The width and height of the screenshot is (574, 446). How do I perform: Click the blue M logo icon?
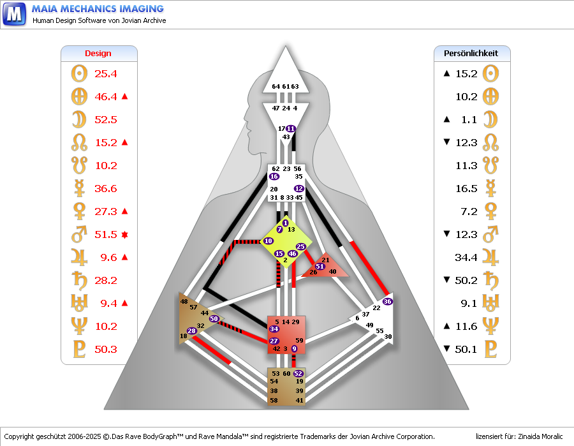[x=14, y=13]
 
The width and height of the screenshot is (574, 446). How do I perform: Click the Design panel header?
[x=98, y=54]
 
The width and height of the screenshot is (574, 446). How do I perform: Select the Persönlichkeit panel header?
[x=471, y=54]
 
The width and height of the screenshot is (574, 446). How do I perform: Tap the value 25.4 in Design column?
[x=105, y=74]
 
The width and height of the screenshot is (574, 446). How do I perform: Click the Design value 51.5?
[x=105, y=235]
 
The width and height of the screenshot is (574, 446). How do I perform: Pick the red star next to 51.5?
[x=125, y=235]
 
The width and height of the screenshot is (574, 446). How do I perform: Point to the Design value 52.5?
[x=105, y=120]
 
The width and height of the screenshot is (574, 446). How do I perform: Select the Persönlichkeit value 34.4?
[x=466, y=258]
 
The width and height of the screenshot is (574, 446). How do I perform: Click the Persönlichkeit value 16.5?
[x=466, y=189]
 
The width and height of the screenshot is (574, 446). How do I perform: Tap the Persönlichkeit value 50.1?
[x=466, y=350]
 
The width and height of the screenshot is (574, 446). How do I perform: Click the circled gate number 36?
[x=387, y=301]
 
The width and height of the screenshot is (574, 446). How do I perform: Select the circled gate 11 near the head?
[x=291, y=129]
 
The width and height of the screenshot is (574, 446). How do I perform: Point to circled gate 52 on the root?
[x=298, y=373]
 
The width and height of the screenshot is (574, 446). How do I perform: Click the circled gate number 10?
[x=268, y=241]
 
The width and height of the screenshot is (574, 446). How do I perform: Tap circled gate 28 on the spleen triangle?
[x=192, y=331]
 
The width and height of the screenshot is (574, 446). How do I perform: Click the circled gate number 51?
[x=320, y=266]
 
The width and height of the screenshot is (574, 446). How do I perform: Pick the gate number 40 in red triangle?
[x=332, y=272]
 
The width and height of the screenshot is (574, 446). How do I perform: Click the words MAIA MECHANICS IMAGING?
[x=98, y=9]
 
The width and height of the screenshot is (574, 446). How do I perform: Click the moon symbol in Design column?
[x=79, y=120]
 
